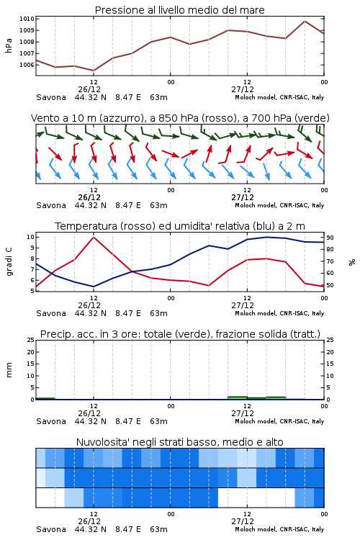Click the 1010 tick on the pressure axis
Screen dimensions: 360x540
pos(27,19)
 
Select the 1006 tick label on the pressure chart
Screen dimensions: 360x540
pos(27,65)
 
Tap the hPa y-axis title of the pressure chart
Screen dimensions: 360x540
pos(9,45)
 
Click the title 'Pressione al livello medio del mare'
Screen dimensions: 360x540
pos(180,10)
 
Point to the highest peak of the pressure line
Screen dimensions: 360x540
pos(305,21)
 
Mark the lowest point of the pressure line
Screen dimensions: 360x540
pos(94,71)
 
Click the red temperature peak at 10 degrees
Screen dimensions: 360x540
pos(94,237)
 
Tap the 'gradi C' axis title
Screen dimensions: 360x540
pos(9,261)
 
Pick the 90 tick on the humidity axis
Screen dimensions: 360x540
pos(330,238)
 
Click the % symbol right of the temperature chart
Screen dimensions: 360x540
pos(352,262)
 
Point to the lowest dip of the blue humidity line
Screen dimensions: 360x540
pos(94,287)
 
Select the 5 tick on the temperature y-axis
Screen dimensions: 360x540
pos(32,291)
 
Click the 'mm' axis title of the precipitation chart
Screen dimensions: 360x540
pos(9,370)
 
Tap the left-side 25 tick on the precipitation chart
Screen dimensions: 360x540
pos(31,340)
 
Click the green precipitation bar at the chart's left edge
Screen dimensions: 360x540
pos(45,398)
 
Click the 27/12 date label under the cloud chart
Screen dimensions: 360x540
pos(243,521)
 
